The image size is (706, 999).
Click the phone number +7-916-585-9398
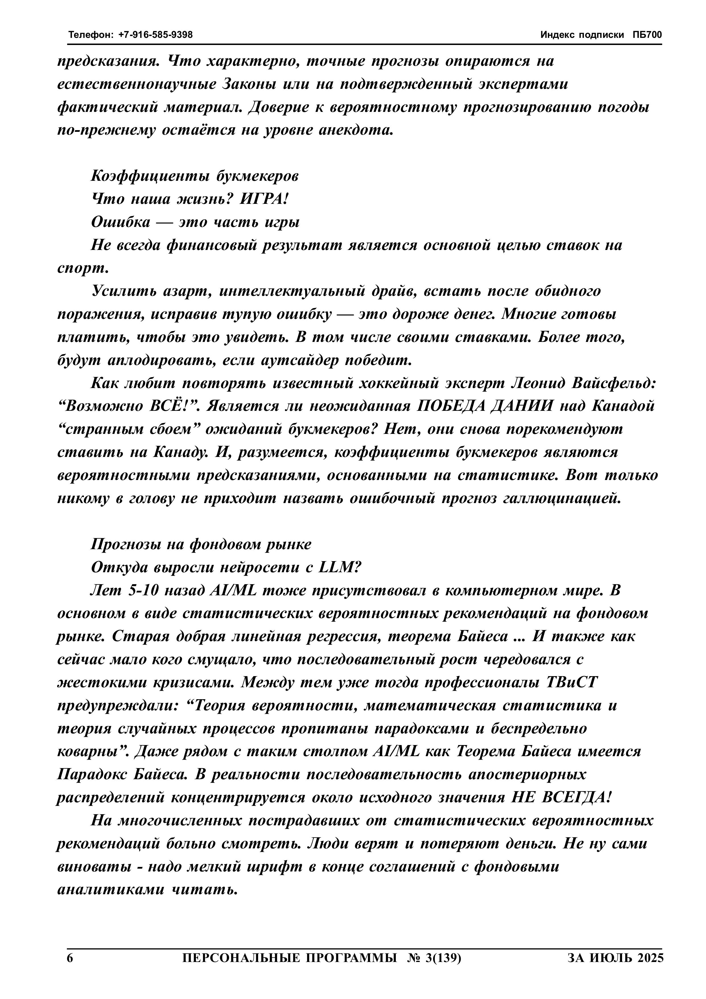(x=155, y=35)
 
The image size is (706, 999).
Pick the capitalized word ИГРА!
(x=264, y=199)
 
